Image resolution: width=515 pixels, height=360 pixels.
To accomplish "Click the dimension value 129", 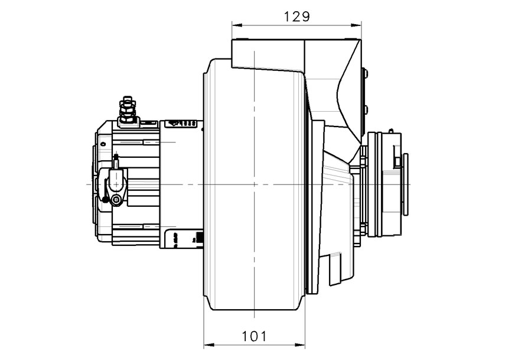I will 296,16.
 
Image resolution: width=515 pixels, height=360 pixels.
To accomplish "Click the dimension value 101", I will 254,336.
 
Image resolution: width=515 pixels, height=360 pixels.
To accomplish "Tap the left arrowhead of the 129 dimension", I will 235,25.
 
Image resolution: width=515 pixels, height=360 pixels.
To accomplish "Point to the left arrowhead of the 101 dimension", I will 207,345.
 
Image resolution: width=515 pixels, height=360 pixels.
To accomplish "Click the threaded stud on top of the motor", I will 127,107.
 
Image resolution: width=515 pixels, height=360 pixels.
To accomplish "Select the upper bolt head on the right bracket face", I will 365,74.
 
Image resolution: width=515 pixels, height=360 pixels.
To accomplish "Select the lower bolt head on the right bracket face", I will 365,109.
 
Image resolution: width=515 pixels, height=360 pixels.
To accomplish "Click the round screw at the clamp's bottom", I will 117,202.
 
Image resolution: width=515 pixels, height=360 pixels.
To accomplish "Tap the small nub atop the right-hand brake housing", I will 390,130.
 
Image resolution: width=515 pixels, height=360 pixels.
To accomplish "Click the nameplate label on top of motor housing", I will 182,124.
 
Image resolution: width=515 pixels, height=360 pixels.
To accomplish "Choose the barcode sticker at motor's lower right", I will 199,238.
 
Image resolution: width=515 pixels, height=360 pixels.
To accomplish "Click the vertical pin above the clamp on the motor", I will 116,160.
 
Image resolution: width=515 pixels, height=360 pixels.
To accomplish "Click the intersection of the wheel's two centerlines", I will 254,184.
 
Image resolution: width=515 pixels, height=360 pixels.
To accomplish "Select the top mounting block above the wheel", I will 269,53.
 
